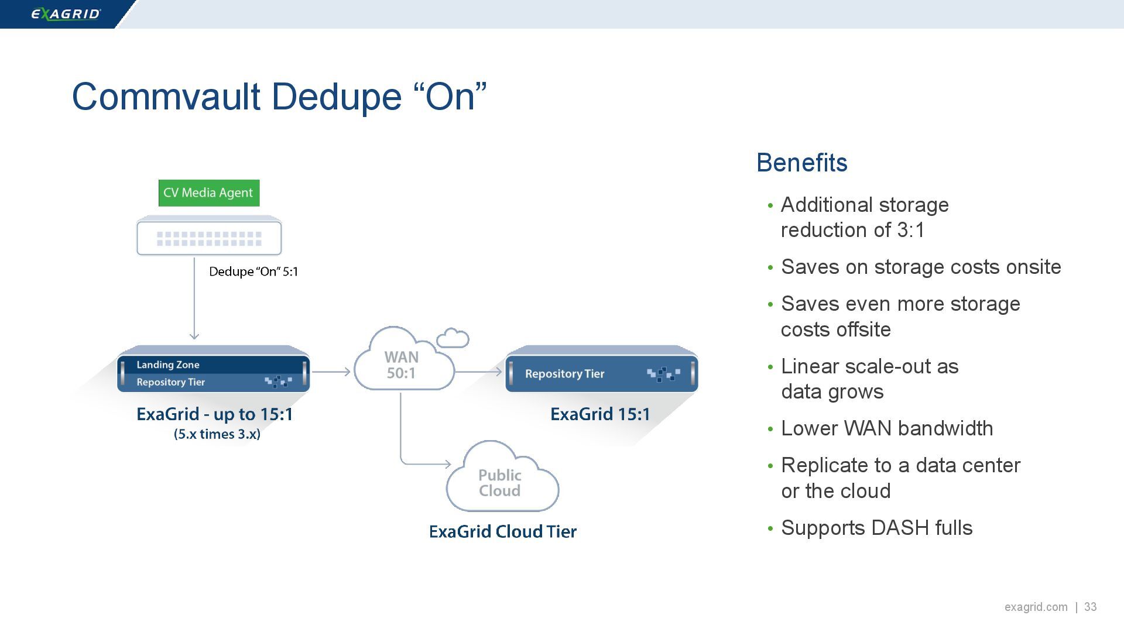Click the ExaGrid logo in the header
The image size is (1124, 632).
(x=66, y=14)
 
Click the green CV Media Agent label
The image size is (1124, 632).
(x=208, y=193)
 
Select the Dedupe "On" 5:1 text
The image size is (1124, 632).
(x=253, y=272)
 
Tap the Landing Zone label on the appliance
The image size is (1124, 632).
(x=168, y=365)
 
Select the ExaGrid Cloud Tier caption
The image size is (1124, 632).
(x=502, y=531)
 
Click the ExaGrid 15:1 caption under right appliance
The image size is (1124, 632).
(x=600, y=414)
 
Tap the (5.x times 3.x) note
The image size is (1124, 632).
(x=217, y=434)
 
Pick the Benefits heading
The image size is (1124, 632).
(x=801, y=163)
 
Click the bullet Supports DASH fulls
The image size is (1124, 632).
(x=876, y=528)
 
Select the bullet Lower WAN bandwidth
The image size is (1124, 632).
(x=886, y=428)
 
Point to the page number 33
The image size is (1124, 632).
(x=1090, y=607)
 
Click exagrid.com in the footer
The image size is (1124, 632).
(x=1036, y=607)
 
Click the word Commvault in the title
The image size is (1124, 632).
(x=166, y=97)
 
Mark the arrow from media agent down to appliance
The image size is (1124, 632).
(x=194, y=298)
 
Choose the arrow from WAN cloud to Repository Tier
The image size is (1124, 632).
(x=478, y=372)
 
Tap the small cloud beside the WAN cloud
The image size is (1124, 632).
(x=453, y=338)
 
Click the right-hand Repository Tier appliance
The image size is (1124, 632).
(x=601, y=373)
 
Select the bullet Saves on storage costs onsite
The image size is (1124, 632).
(x=920, y=267)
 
